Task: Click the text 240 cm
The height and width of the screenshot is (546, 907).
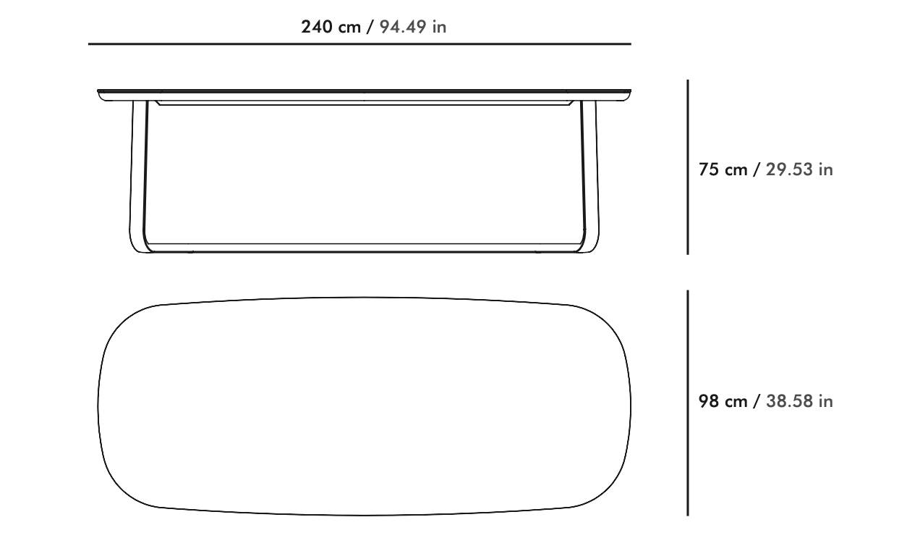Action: click(330, 28)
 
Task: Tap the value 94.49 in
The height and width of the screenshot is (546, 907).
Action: click(413, 28)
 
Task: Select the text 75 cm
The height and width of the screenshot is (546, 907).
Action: click(723, 170)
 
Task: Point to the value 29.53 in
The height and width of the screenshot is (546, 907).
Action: click(799, 170)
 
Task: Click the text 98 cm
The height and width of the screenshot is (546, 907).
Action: click(723, 401)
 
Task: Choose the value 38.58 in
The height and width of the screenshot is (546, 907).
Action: click(799, 401)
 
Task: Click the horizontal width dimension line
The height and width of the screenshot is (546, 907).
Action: click(359, 44)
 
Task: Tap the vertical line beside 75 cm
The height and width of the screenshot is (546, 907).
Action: click(687, 167)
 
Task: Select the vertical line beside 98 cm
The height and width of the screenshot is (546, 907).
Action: click(687, 403)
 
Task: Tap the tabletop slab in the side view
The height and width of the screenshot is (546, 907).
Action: click(365, 93)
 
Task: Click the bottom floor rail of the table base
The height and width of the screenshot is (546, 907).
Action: click(365, 248)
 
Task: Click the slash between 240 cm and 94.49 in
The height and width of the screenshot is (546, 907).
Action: click(370, 28)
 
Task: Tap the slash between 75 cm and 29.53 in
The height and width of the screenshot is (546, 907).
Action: click(757, 170)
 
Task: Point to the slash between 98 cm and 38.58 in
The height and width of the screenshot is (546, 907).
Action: click(757, 401)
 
